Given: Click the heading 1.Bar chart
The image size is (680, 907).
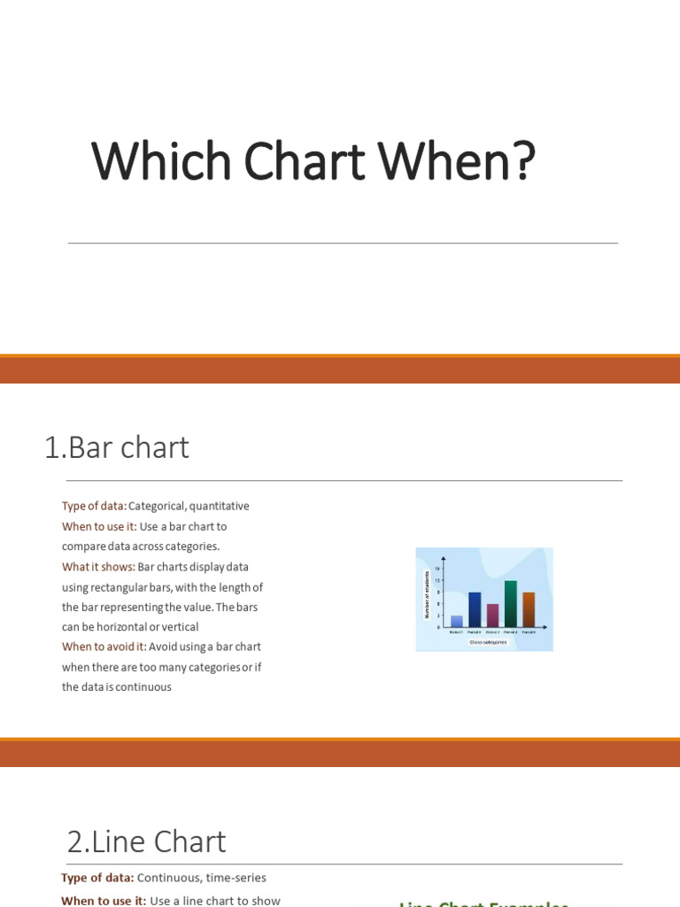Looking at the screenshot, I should click(117, 448).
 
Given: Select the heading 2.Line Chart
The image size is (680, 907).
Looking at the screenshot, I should click(147, 841).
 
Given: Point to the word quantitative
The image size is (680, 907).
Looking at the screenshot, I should click(219, 507).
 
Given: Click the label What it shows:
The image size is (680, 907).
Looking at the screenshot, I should click(98, 567).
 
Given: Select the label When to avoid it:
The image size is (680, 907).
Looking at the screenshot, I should click(104, 647).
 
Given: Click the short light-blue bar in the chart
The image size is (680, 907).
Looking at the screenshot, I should click(457, 621).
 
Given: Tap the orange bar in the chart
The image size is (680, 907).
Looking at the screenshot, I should click(529, 609).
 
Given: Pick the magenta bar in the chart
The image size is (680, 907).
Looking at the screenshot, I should click(492, 615).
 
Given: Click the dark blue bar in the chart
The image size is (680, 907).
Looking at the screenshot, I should click(475, 609).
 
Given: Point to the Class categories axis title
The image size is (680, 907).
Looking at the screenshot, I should click(488, 642).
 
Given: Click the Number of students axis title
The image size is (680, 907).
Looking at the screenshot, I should click(426, 595).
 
